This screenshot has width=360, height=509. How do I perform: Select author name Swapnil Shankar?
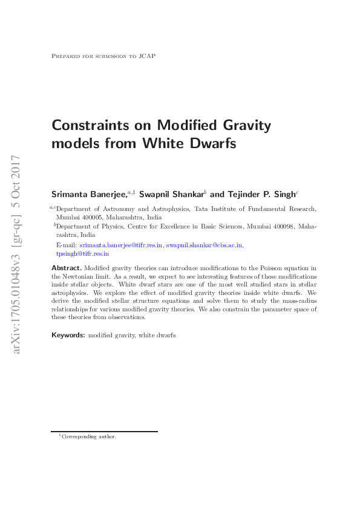coord(172,194)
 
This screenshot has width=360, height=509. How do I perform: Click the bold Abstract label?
coord(66,267)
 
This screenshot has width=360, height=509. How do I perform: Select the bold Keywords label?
coord(68,334)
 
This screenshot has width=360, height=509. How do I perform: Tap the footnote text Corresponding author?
coord(89,436)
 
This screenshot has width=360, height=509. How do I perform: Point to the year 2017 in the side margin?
coord(17,169)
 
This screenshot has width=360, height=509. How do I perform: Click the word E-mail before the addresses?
coord(66,245)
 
